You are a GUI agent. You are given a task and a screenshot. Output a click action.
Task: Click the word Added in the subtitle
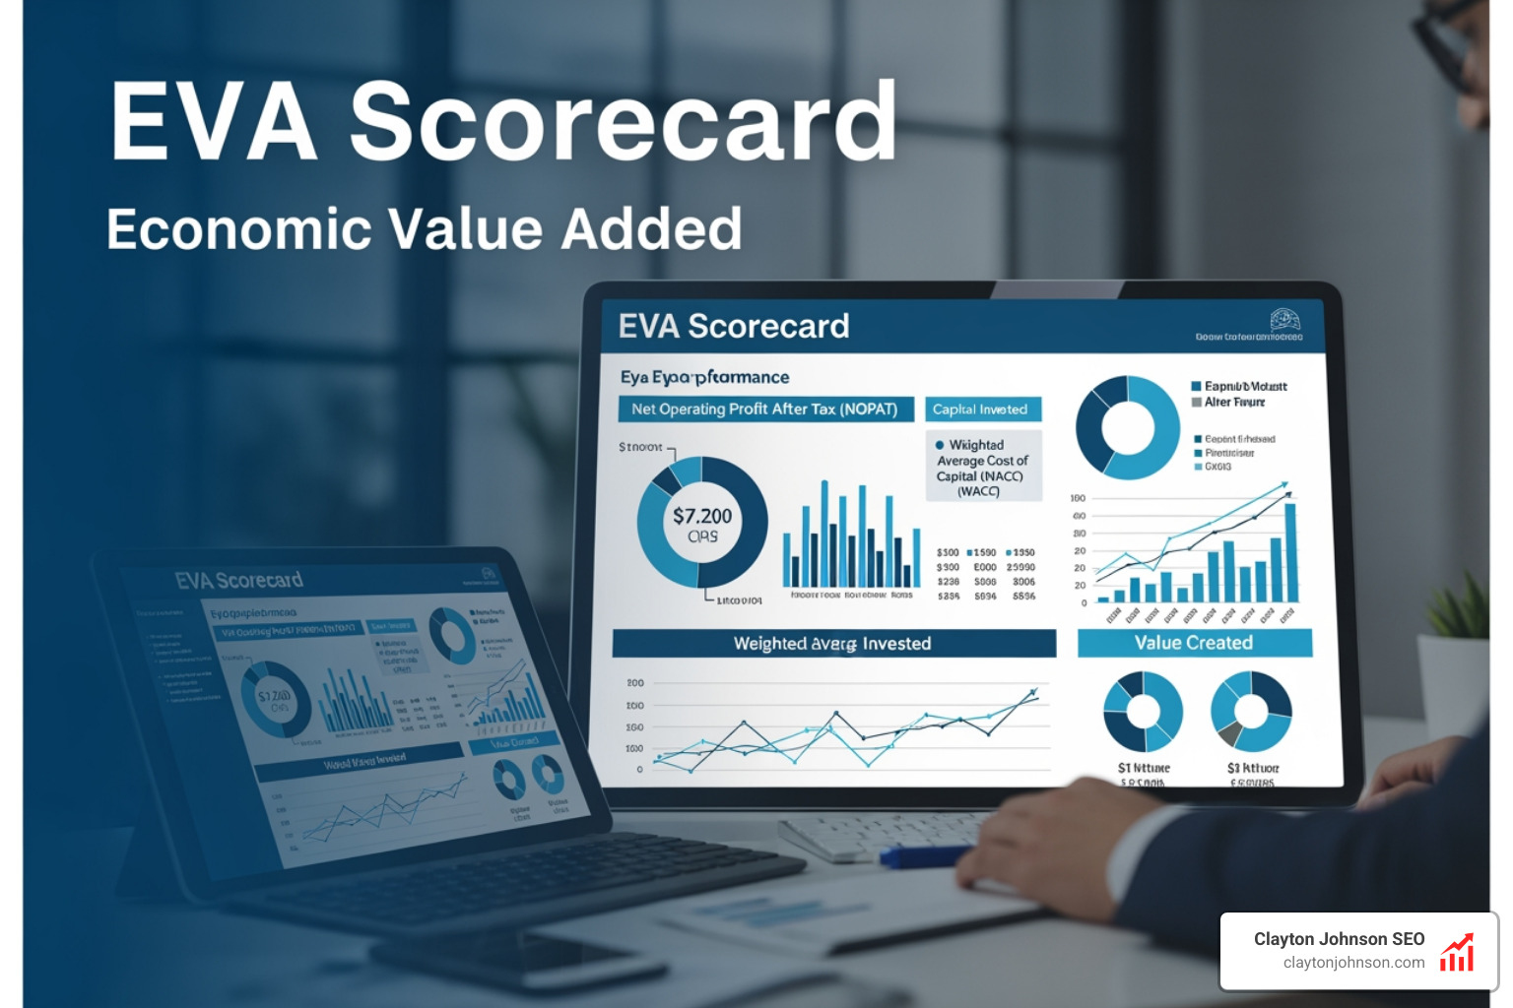(651, 229)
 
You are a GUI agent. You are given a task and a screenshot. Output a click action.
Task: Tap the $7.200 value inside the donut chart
(702, 516)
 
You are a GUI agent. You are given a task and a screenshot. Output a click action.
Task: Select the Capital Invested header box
(981, 409)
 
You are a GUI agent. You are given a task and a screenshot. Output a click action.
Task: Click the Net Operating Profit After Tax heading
(764, 409)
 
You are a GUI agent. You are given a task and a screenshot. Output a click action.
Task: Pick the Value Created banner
(1194, 643)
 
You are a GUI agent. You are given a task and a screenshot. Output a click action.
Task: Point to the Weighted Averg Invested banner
(833, 644)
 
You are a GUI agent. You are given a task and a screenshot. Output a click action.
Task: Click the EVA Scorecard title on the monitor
(734, 326)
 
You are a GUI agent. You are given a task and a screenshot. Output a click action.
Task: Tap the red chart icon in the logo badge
(1457, 953)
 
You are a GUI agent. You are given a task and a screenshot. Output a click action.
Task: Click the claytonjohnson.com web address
(1353, 963)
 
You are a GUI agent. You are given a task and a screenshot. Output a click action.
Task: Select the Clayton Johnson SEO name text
(1339, 939)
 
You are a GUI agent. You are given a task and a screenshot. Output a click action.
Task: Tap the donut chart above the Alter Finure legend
(1127, 427)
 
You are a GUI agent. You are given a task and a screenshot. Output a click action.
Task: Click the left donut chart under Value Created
(1143, 711)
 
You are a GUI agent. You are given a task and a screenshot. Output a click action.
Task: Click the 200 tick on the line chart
(635, 682)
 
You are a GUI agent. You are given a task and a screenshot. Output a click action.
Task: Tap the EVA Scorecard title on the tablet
(239, 580)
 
